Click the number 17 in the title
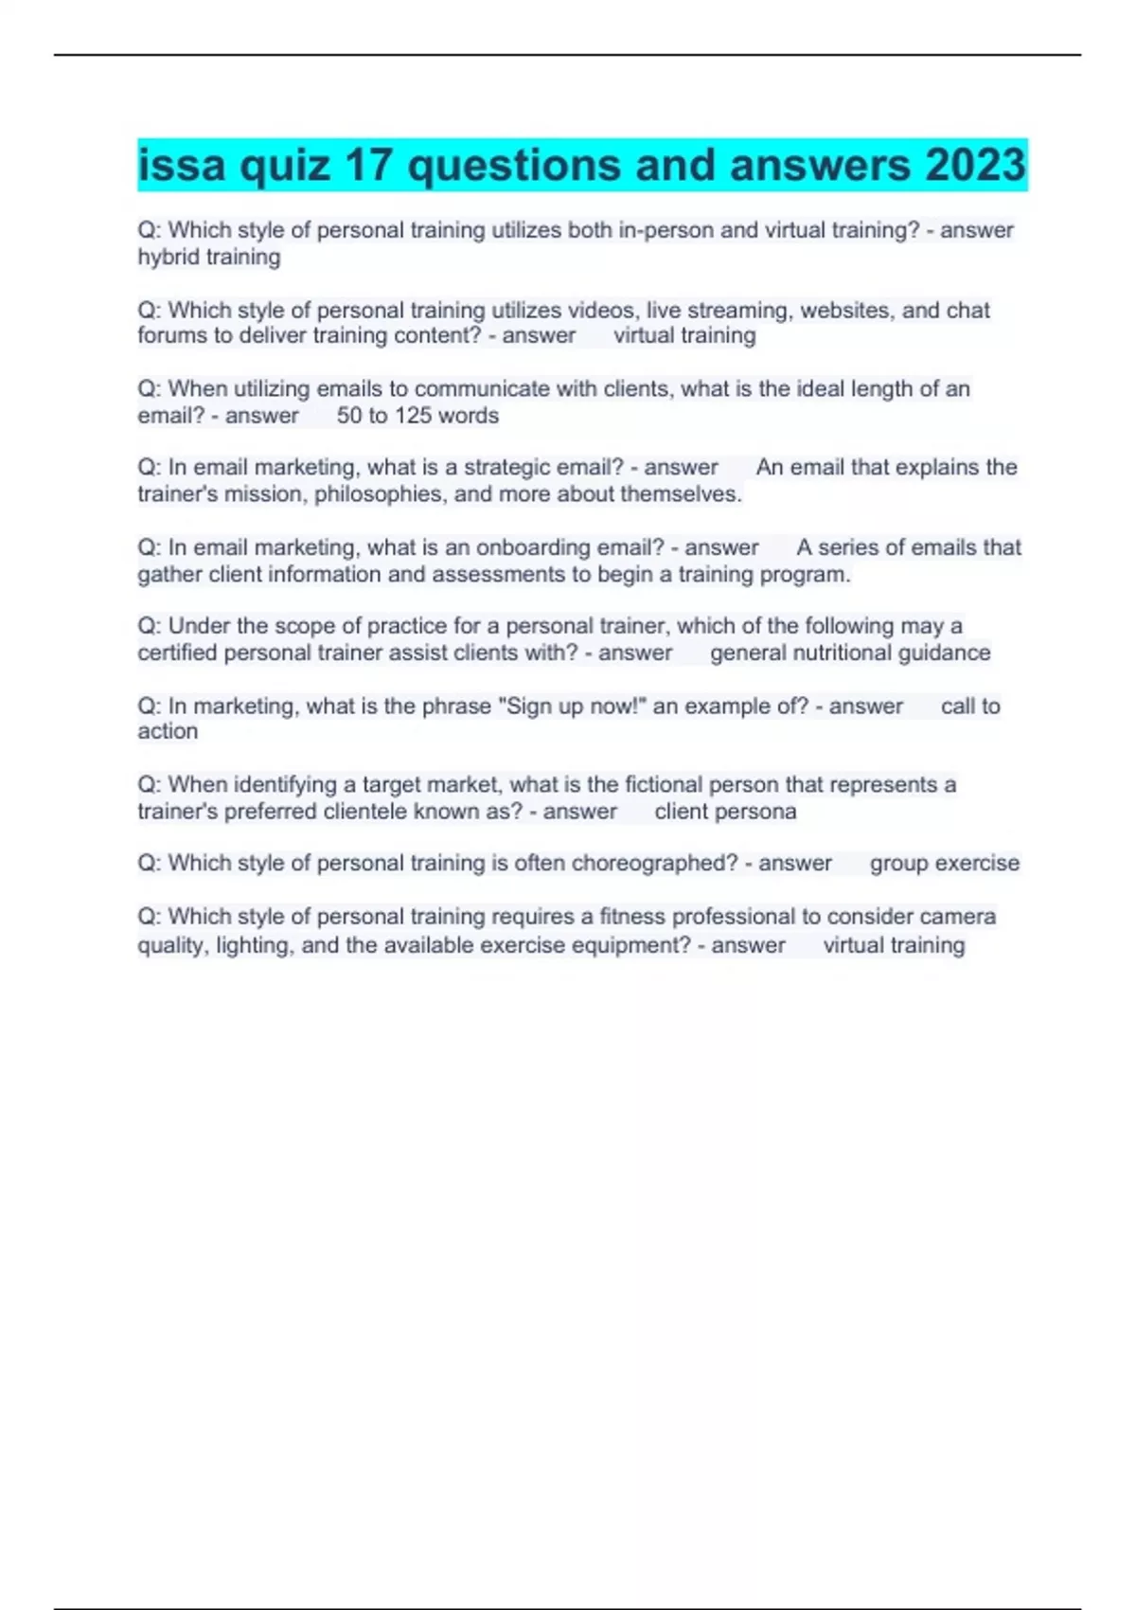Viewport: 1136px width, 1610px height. tap(368, 165)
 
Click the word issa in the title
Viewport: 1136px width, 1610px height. tap(182, 165)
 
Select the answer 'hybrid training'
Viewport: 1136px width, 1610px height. tap(209, 258)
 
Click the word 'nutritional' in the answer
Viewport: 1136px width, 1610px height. tap(847, 653)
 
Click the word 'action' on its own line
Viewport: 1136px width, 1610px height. tap(168, 732)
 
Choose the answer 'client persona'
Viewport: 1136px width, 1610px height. tap(725, 812)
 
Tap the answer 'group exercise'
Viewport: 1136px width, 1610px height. tap(944, 864)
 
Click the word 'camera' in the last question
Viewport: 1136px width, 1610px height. tap(958, 917)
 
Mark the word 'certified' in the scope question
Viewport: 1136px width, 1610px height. tap(177, 653)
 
